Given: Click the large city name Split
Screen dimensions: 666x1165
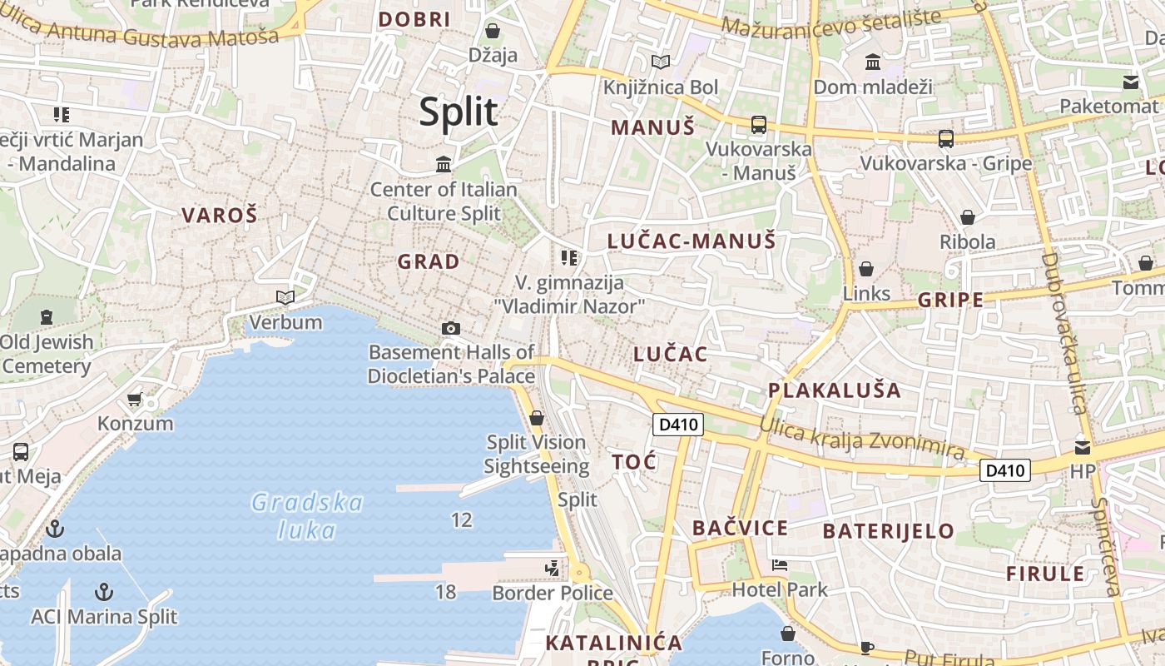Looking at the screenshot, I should pyautogui.click(x=459, y=112).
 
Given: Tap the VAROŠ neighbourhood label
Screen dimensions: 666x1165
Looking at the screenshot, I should pyautogui.click(x=220, y=215).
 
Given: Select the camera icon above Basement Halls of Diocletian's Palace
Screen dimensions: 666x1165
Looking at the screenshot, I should pyautogui.click(x=451, y=328).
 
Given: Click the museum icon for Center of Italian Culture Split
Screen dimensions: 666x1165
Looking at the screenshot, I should pyautogui.click(x=444, y=164).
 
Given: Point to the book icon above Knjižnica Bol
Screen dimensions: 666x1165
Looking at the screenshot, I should pyautogui.click(x=661, y=62).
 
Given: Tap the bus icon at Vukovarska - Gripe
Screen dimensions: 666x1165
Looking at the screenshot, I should pyautogui.click(x=945, y=139).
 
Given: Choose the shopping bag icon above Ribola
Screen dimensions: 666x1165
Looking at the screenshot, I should pyautogui.click(x=968, y=217).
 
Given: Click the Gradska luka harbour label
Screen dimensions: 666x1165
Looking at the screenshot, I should pyautogui.click(x=307, y=516).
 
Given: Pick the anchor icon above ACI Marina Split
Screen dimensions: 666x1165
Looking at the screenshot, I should pyautogui.click(x=104, y=592).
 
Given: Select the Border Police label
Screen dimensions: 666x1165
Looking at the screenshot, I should pyautogui.click(x=553, y=593).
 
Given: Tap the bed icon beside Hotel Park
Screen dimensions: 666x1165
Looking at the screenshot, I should pyautogui.click(x=780, y=565).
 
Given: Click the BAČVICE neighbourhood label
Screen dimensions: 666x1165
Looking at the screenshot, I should pyautogui.click(x=740, y=528).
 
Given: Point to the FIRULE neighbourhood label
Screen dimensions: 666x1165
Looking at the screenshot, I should pyautogui.click(x=1045, y=574).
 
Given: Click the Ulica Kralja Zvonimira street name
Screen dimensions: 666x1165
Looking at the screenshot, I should pyautogui.click(x=862, y=438).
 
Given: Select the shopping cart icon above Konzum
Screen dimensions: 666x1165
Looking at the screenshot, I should pyautogui.click(x=135, y=400).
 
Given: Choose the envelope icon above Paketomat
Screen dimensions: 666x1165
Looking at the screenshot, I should pyautogui.click(x=1131, y=82).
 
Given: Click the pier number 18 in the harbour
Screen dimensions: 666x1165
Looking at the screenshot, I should pyautogui.click(x=446, y=592).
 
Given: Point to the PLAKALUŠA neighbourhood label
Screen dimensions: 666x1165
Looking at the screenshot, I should pyautogui.click(x=834, y=390).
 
